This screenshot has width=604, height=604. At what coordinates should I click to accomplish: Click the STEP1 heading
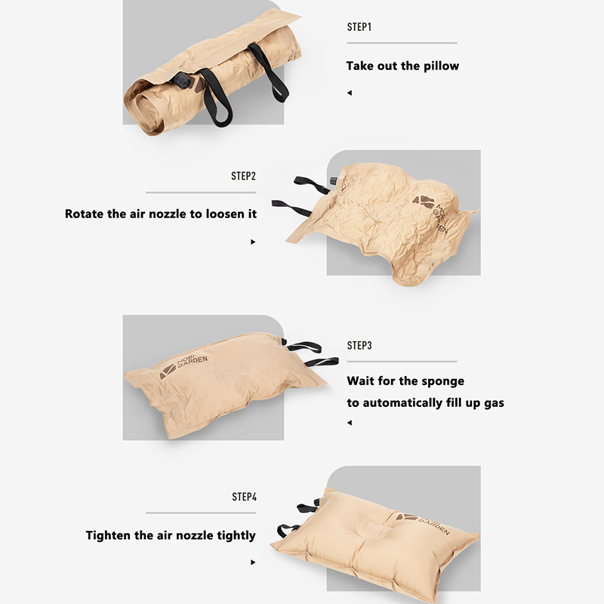(359, 27)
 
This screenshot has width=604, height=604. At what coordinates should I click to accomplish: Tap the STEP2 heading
(243, 176)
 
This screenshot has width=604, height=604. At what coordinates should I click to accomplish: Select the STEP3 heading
(359, 346)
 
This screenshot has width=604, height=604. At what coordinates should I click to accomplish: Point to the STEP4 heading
(244, 497)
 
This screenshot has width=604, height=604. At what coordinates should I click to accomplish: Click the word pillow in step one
(442, 66)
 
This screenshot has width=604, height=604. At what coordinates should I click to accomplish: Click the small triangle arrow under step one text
(350, 93)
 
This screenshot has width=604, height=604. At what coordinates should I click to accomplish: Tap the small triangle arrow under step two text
(253, 242)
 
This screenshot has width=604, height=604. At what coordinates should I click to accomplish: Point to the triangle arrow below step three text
(350, 423)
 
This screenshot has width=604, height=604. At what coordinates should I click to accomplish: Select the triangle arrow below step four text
(253, 562)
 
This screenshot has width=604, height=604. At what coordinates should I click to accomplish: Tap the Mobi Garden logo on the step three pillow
(183, 366)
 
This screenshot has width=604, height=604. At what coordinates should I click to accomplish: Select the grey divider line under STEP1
(402, 43)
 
